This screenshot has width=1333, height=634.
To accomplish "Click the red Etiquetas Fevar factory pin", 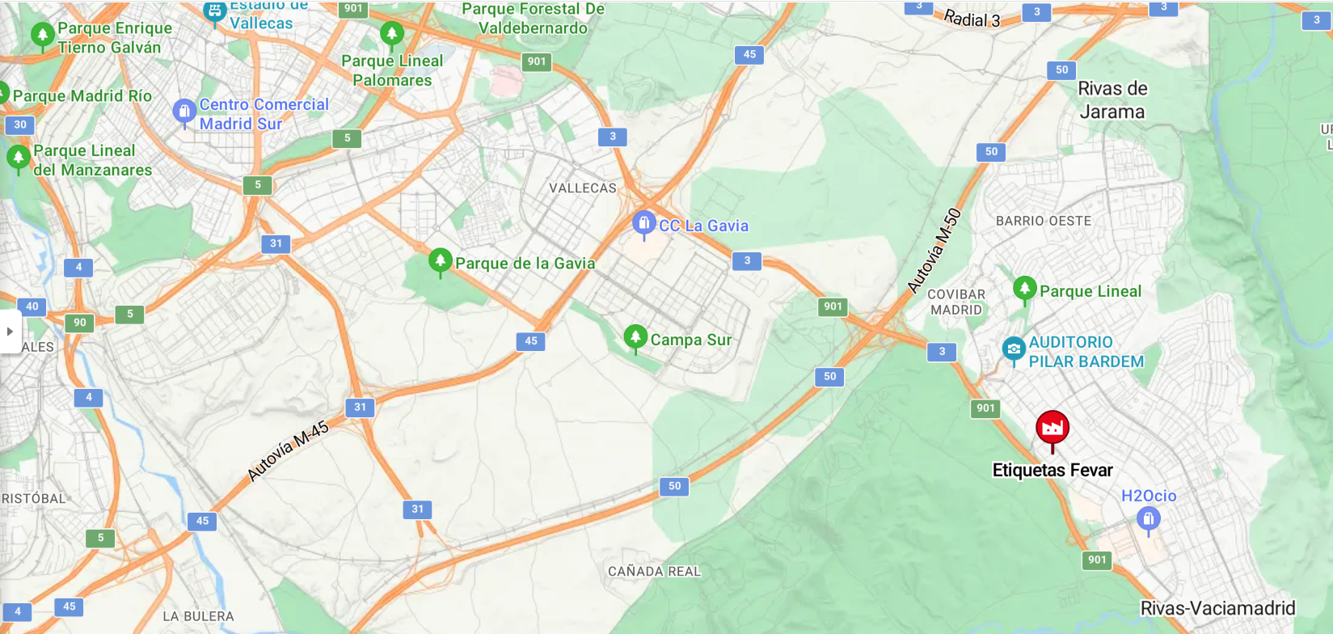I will [1052, 429].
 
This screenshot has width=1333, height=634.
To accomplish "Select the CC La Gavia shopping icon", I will [643, 222].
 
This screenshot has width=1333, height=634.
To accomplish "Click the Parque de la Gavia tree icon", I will [440, 260].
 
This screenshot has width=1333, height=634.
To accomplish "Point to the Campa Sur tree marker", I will [635, 337].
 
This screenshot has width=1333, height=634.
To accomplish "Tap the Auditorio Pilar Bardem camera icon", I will [1014, 349].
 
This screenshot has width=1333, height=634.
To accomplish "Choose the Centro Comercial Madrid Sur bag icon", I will [184, 111].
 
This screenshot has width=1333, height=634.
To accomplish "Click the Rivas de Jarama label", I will [1112, 100].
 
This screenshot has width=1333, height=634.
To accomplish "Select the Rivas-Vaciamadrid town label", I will [1217, 608].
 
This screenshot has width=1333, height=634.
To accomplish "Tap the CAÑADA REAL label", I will [654, 572].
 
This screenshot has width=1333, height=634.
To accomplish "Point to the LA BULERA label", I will [198, 616].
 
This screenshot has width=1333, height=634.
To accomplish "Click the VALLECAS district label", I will [582, 188].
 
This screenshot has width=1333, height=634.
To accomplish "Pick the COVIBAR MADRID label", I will [956, 302].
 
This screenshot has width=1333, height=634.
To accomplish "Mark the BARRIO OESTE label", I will [1043, 221].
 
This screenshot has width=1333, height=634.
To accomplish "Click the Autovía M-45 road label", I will [288, 450].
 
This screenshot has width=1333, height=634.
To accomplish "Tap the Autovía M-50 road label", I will [934, 251].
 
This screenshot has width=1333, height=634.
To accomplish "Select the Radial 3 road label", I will [972, 19].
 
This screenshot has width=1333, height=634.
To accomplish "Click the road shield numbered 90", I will [80, 323].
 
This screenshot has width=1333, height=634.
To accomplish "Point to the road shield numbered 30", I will [20, 125].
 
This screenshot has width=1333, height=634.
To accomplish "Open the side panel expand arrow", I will [10, 332].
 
